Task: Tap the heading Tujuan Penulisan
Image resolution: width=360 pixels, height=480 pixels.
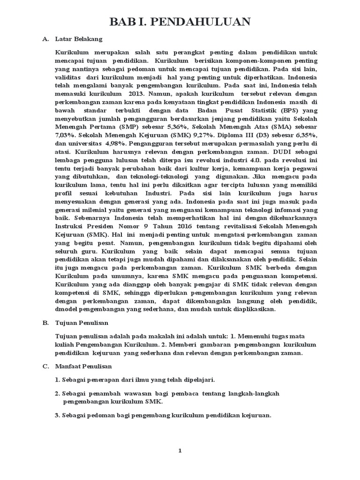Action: [82, 323]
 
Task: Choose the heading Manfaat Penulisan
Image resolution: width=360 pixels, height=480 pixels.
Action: [83, 366]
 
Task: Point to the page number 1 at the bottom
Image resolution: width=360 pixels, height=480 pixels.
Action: [180, 451]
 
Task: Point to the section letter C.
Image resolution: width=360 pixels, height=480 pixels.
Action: [45, 366]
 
